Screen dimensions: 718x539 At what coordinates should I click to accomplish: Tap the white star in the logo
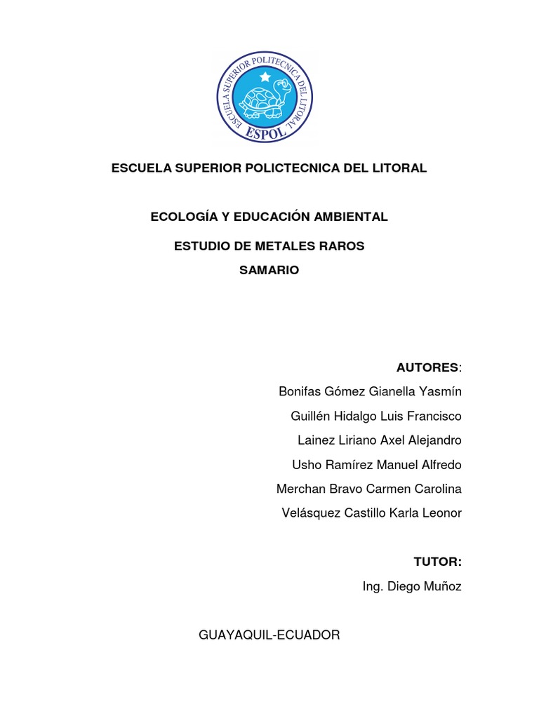tap(265, 75)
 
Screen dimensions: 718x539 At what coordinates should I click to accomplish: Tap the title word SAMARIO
tap(269, 271)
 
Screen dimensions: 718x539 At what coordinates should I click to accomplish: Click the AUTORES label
tap(427, 367)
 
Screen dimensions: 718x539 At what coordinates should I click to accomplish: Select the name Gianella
tap(390, 391)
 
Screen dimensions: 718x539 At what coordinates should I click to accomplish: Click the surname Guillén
tap(310, 416)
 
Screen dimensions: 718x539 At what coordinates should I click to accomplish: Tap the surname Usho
tap(306, 465)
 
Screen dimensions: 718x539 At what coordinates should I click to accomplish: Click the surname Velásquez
tap(310, 513)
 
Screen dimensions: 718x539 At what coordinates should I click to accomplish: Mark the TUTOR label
tap(437, 562)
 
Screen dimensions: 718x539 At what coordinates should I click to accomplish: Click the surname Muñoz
tap(443, 587)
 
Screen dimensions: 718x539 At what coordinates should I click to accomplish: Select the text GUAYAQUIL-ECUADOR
tap(269, 635)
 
